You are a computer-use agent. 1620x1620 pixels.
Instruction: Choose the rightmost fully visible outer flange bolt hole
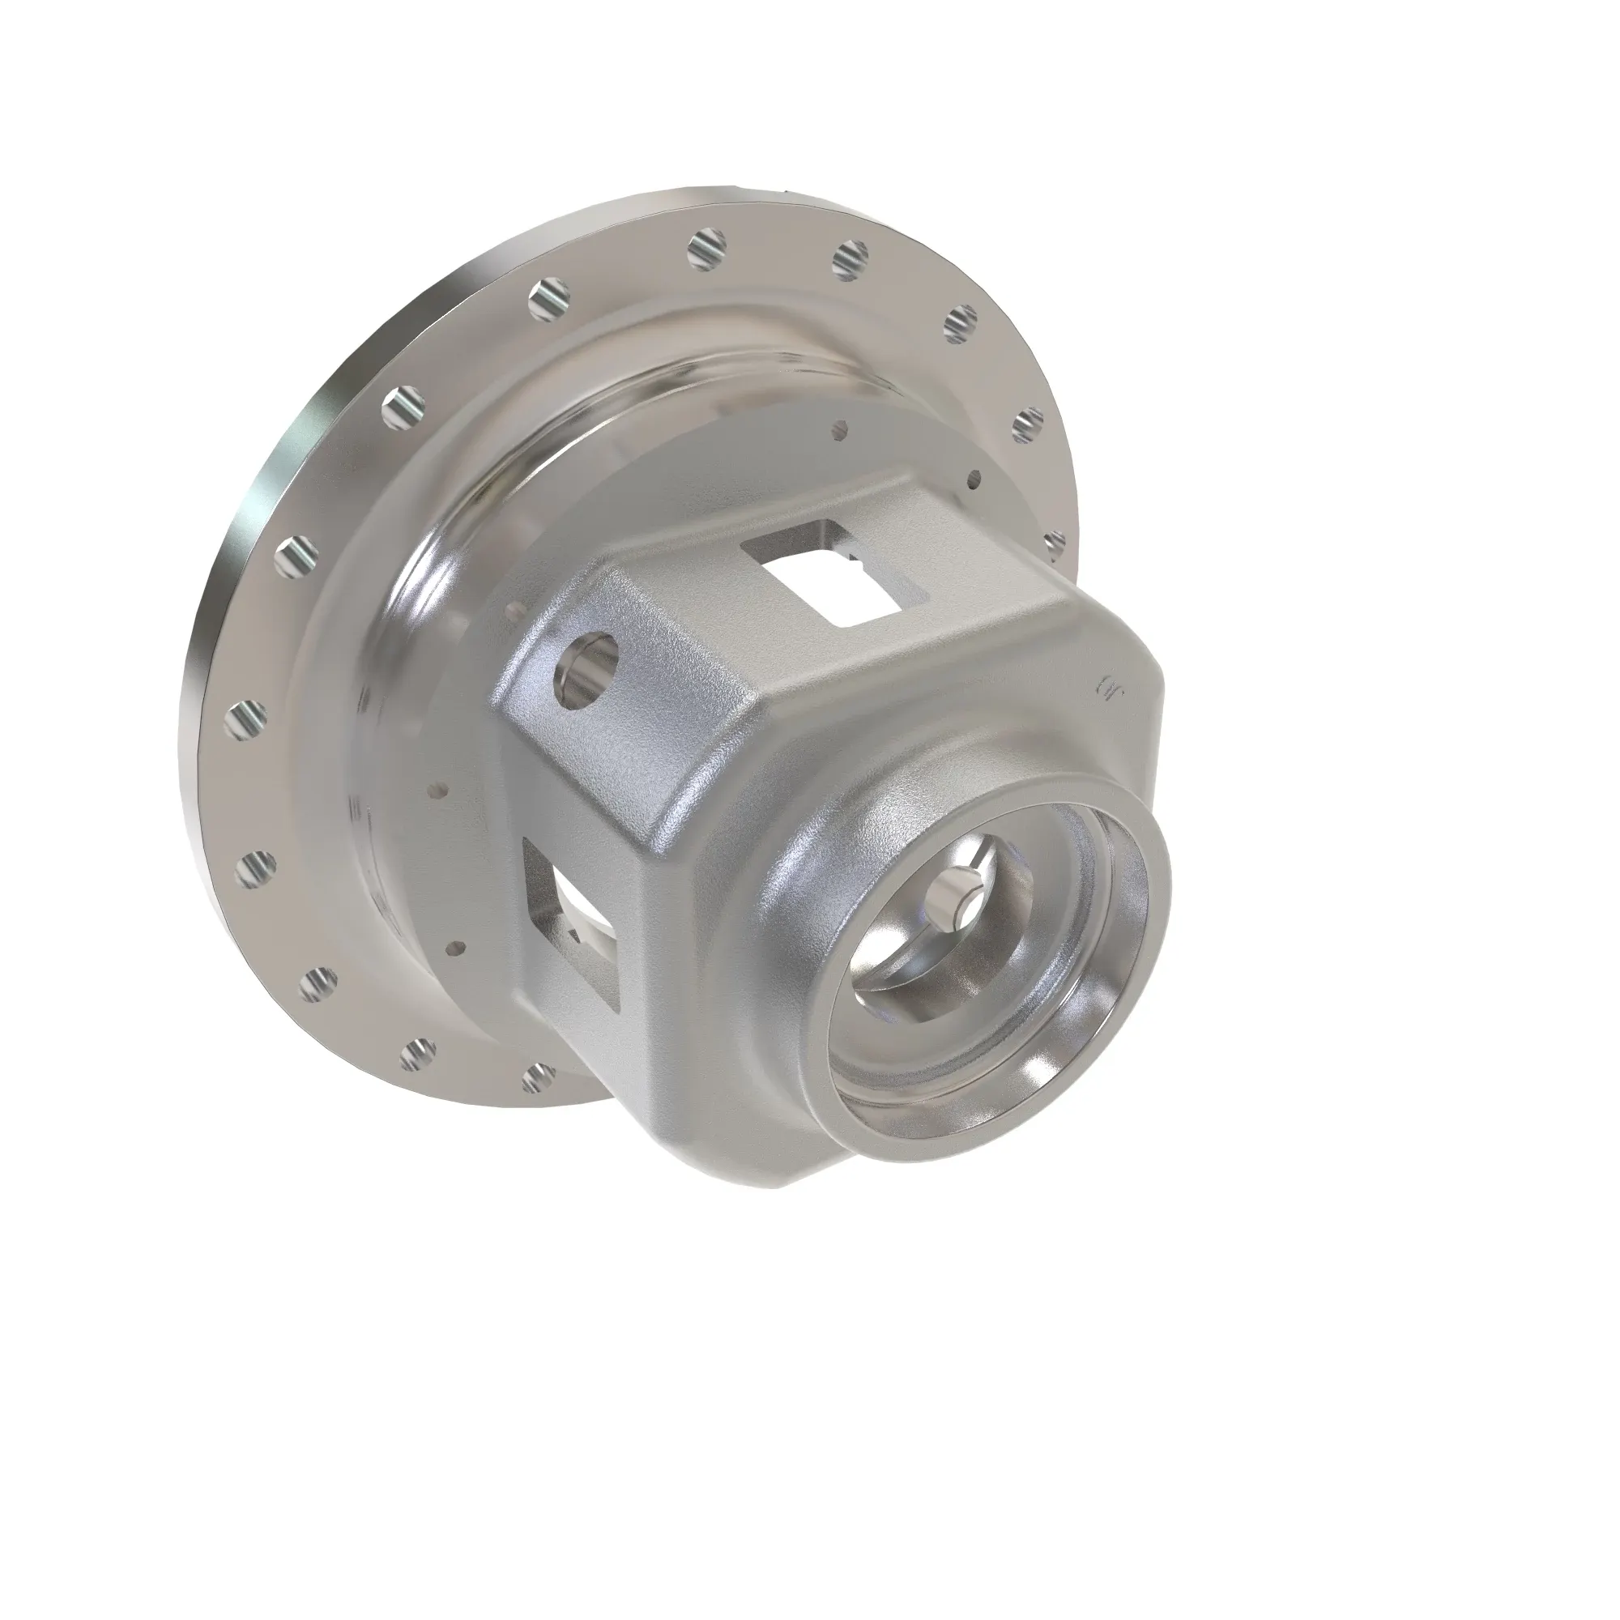tap(1029, 426)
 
